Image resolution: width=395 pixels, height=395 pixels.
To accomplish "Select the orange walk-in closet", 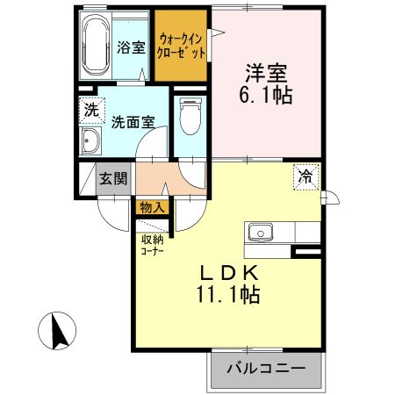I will [x=182, y=46].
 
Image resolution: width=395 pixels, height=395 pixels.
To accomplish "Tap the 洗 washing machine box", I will [x=90, y=111].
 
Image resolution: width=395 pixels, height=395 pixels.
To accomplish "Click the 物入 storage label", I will [x=151, y=208].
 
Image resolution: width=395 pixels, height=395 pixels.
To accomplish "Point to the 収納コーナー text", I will [x=151, y=242].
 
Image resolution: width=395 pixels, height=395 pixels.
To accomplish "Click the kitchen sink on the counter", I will [x=260, y=233].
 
